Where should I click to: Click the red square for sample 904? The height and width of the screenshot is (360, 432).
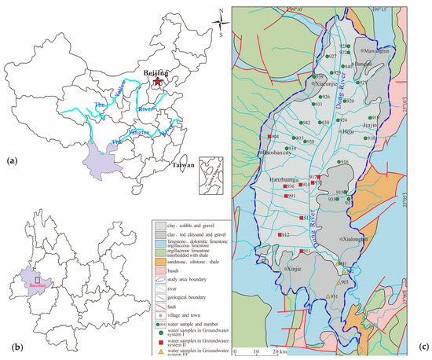coord(269,137)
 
